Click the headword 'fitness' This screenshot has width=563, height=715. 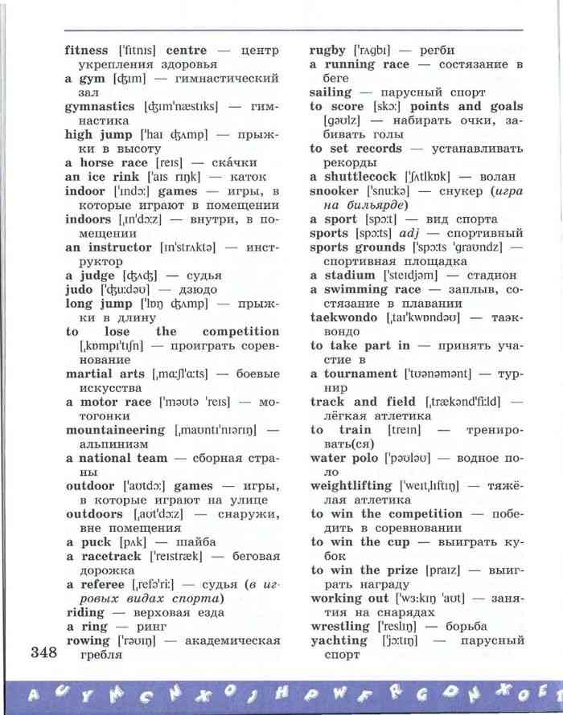[x=86, y=50]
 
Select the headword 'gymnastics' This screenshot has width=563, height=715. [x=99, y=106]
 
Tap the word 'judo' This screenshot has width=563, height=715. [x=80, y=288]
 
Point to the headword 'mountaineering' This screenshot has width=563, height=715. [x=114, y=430]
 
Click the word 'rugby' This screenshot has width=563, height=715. [x=327, y=50]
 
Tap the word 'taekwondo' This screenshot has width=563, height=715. [x=343, y=317]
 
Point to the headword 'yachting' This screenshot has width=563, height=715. [x=338, y=640]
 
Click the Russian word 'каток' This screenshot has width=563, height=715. [x=248, y=177]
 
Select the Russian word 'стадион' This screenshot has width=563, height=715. [x=490, y=275]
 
